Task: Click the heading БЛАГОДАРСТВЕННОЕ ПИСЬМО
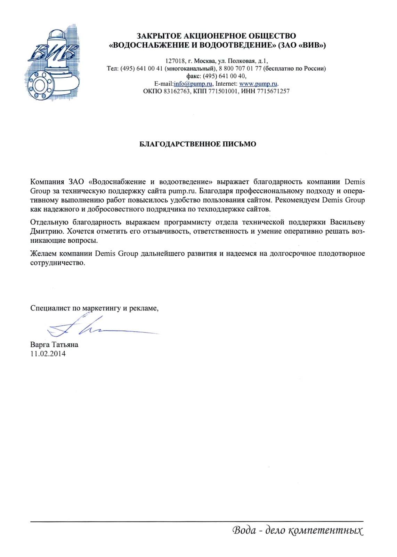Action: pos(197,144)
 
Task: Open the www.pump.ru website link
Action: pos(259,84)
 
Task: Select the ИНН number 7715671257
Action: pos(273,91)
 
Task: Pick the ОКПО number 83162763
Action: pos(177,91)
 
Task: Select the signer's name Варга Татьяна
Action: pos(54,345)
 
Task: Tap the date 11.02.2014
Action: pos(48,354)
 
